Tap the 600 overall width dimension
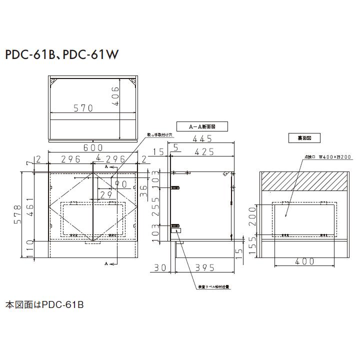[93, 147]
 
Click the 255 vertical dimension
[156, 206]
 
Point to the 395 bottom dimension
[204, 268]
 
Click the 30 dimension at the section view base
[160, 268]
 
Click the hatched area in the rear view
[304, 181]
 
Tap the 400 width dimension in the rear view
[305, 261]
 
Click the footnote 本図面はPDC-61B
[44, 304]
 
